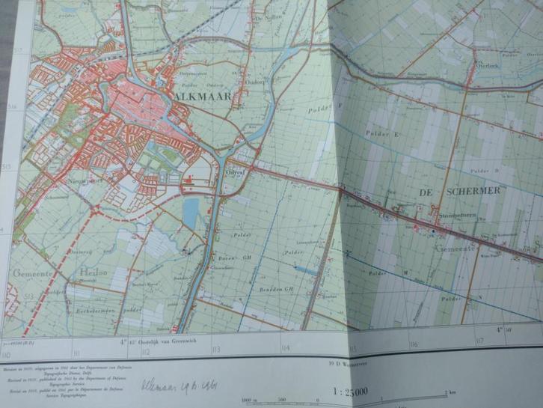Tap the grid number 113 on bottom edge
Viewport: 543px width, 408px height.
tap(215, 348)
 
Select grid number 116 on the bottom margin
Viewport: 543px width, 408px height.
tap(413, 344)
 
